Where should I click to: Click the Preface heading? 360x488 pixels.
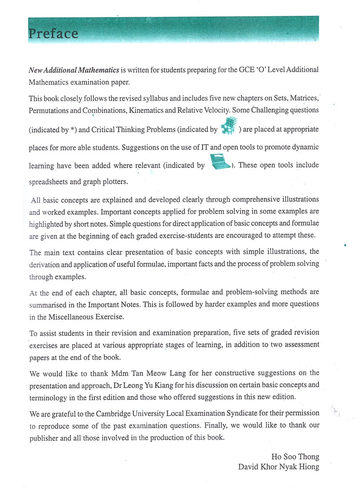pyautogui.click(x=53, y=33)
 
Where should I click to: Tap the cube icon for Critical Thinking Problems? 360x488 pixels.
pyautogui.click(x=229, y=126)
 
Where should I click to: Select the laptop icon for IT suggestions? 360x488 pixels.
pyautogui.click(x=220, y=162)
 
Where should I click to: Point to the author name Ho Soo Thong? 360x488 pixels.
pyautogui.click(x=295, y=457)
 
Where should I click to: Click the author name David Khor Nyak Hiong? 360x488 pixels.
pyautogui.click(x=279, y=467)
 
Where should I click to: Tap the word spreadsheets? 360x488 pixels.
pyautogui.click(x=48, y=182)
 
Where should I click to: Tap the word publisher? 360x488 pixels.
pyautogui.click(x=44, y=438)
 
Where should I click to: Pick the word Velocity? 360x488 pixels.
pyautogui.click(x=216, y=110)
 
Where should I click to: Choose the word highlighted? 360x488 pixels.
pyautogui.click(x=46, y=224)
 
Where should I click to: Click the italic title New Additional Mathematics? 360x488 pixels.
pyautogui.click(x=74, y=70)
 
